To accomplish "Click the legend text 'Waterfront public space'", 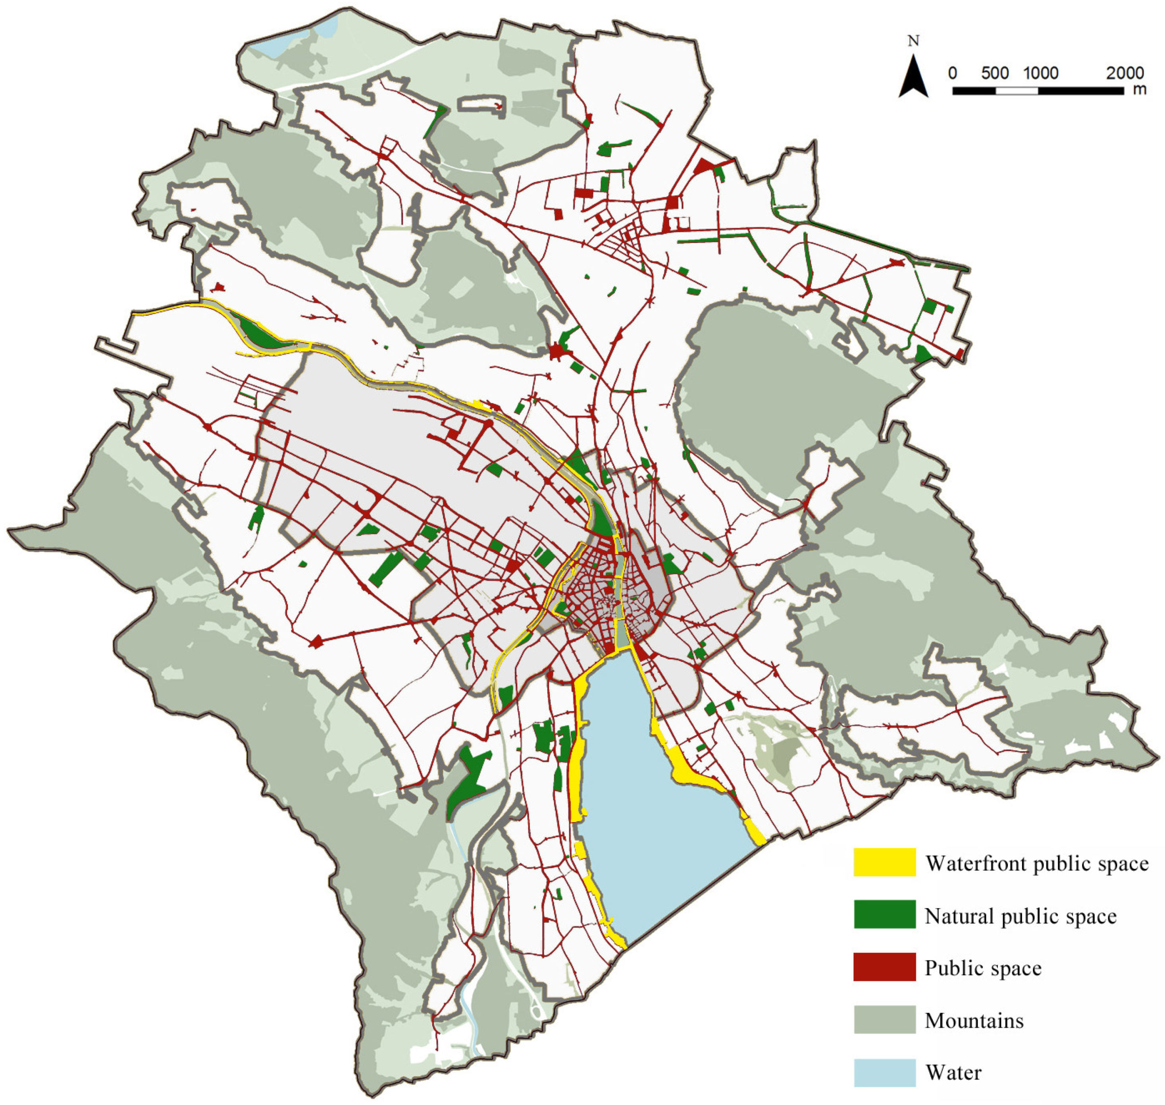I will click(x=1037, y=864).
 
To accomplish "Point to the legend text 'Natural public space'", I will click(x=1020, y=916).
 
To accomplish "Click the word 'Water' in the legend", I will click(x=953, y=1072).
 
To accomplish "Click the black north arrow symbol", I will click(x=913, y=77).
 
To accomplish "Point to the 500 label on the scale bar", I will click(x=995, y=73).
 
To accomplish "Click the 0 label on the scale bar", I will click(x=952, y=73).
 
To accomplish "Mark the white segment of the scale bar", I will click(x=1017, y=91).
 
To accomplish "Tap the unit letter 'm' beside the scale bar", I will click(x=1140, y=89).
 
